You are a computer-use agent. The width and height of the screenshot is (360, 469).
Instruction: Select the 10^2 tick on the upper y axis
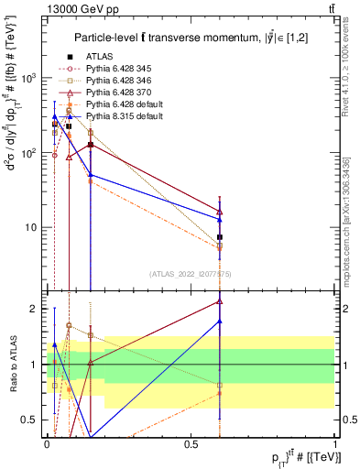tap(30, 152)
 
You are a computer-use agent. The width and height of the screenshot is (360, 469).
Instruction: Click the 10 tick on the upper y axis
tap(32, 227)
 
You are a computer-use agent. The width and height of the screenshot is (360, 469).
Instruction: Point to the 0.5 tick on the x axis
tap(191, 442)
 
